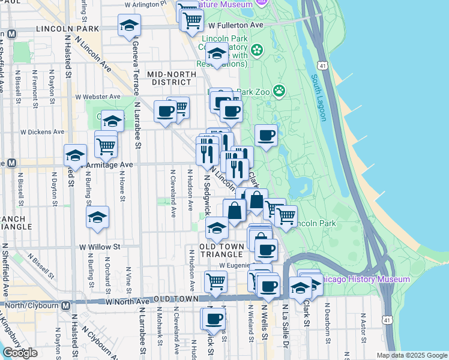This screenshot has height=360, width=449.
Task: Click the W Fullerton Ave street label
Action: pos(235,25)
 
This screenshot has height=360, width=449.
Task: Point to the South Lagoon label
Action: pos(318,97)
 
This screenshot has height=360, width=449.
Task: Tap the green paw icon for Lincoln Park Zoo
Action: pos(279,91)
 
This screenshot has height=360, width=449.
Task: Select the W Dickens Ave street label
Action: pos(42,131)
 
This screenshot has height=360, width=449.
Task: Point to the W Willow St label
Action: pos(100,246)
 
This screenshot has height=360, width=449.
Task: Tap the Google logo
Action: pos(20,353)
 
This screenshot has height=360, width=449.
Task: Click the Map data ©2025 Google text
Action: pos(411,355)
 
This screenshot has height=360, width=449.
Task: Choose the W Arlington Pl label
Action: pos(145,4)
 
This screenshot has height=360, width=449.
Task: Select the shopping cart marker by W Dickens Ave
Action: pos(106,144)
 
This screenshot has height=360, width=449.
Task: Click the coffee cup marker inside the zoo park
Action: pos(266,136)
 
